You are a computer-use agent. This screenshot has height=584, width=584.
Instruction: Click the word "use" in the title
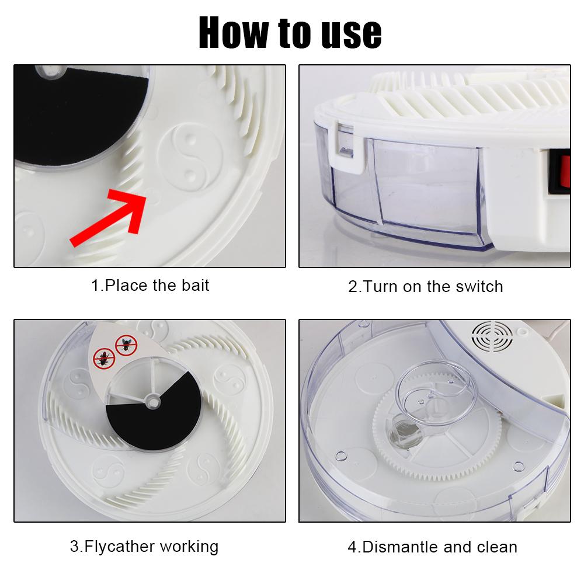point(349,33)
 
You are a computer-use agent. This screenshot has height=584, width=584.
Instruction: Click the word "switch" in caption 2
point(477,287)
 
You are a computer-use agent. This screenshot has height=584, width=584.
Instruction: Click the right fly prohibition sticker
point(124,344)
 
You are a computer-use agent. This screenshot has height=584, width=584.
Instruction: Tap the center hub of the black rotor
point(154,401)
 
